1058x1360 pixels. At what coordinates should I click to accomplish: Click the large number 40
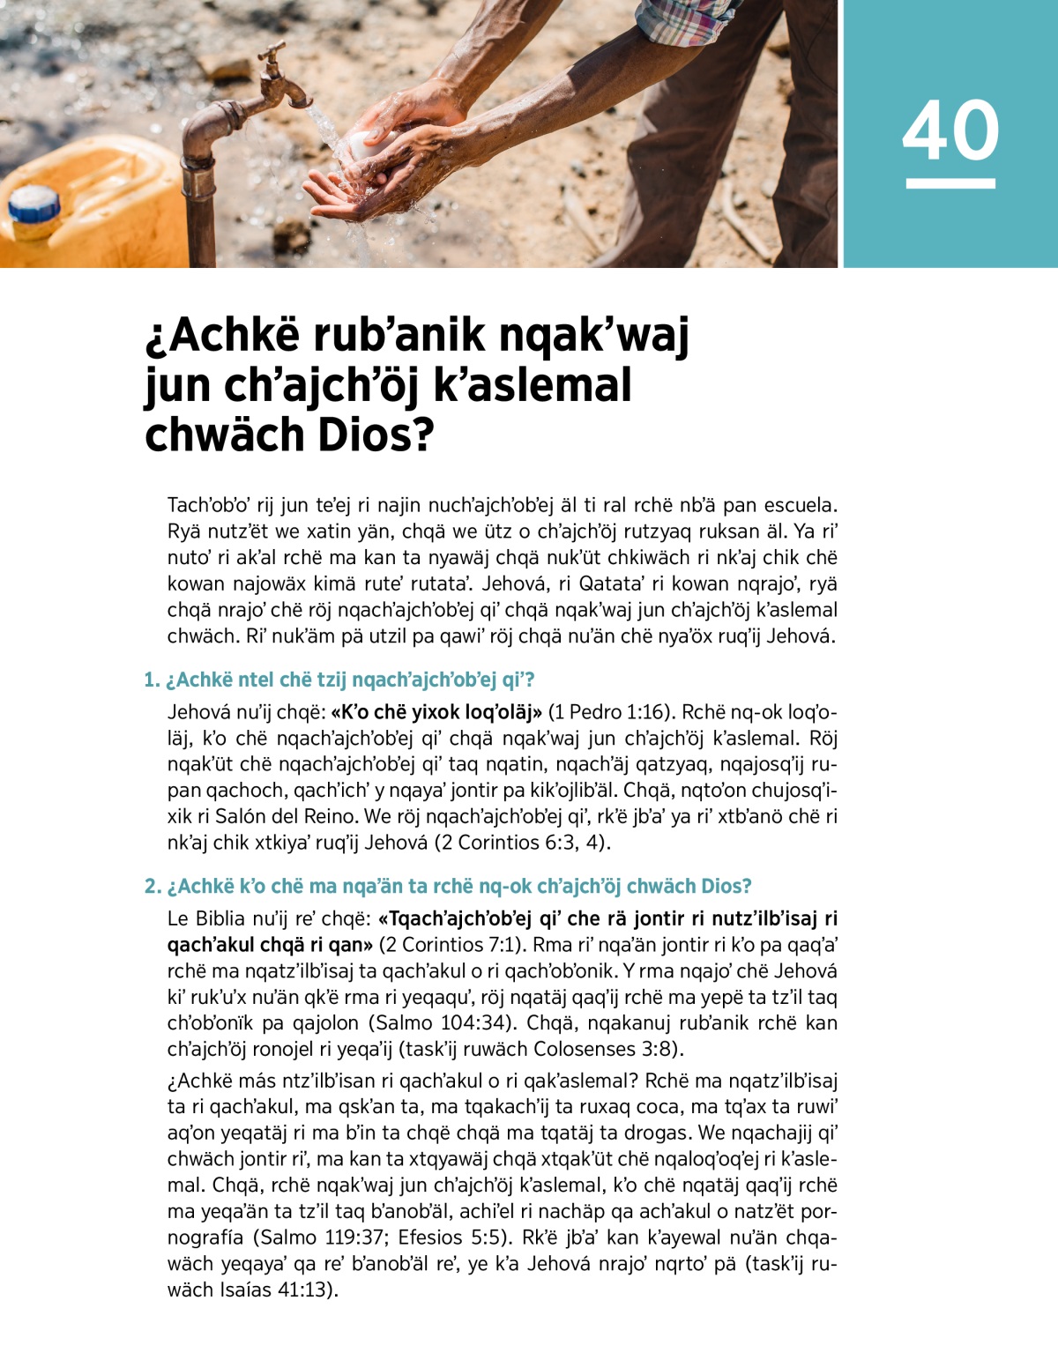(950, 130)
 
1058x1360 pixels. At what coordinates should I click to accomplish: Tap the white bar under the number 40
(950, 183)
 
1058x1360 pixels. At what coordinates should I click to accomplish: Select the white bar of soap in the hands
(363, 145)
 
